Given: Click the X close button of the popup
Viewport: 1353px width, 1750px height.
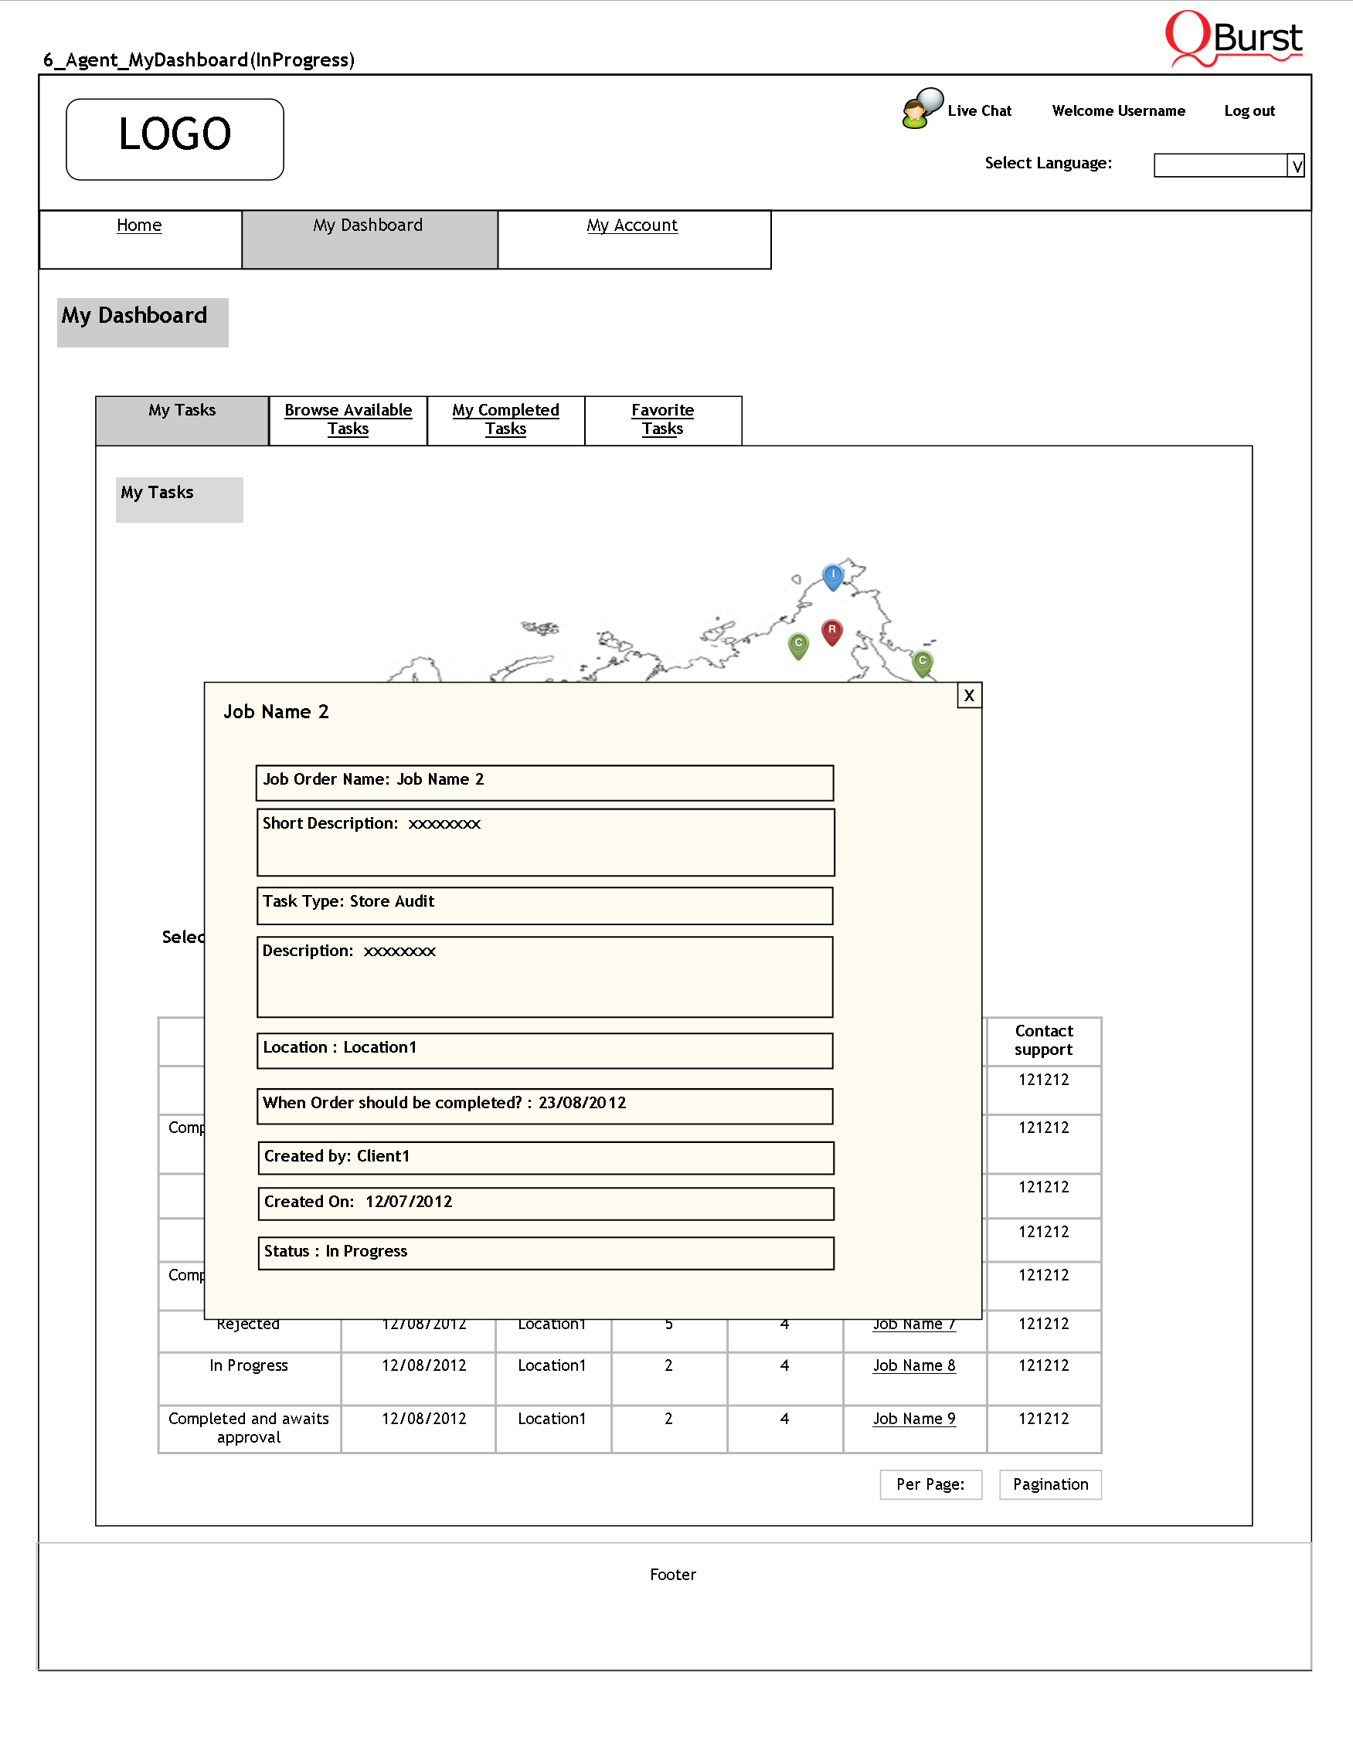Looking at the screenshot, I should pos(969,696).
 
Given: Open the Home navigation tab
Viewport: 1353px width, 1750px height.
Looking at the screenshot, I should pos(139,226).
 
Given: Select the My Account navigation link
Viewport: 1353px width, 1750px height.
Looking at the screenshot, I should pos(631,226).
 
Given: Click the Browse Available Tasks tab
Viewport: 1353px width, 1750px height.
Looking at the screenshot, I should pos(348,419).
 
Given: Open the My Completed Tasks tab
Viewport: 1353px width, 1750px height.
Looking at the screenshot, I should pos(505,419).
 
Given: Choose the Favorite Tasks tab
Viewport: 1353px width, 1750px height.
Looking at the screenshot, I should pos(662,419).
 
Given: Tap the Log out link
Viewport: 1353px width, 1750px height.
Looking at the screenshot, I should pos(1249,111).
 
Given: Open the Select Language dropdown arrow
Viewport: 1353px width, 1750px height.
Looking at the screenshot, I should pos(1296,166).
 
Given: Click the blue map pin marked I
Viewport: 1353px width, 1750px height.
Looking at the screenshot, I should pos(833,575).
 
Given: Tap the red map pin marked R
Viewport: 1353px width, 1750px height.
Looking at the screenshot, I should pos(832,632).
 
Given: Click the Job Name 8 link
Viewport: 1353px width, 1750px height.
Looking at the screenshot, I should pos(914,1365).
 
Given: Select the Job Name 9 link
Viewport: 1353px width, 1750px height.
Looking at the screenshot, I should pos(914,1418).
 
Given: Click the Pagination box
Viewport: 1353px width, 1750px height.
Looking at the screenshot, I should pos(1050,1484).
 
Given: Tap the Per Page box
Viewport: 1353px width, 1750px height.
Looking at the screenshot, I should pos(930,1484).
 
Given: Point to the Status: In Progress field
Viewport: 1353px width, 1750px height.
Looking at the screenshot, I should pos(545,1253).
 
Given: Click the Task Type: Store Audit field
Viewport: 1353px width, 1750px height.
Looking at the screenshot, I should pos(544,904).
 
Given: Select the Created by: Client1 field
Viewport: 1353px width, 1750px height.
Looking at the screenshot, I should pos(545,1157).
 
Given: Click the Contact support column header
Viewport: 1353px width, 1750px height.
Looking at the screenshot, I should pos(1044,1040).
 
